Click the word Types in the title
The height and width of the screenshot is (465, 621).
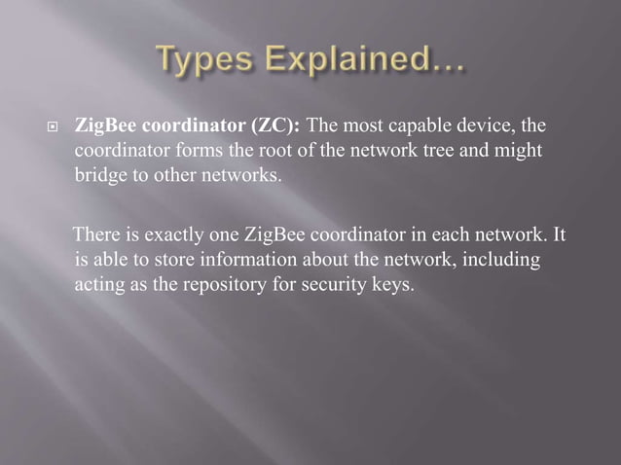(x=205, y=67)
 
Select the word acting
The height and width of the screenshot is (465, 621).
(x=98, y=285)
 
